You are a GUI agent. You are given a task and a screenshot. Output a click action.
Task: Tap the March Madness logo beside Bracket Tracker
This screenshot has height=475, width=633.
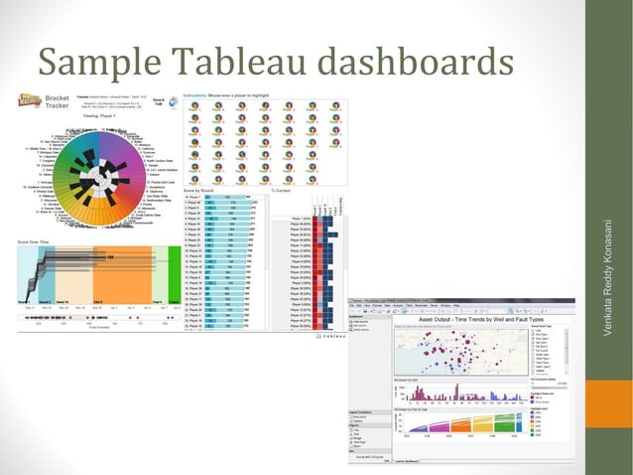point(29,100)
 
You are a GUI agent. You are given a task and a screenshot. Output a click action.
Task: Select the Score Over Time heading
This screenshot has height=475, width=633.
point(37,241)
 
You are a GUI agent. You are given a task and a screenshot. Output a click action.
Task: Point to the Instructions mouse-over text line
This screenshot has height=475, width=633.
point(228,95)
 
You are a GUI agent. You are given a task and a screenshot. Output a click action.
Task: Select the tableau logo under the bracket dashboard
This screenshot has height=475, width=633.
point(327,335)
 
